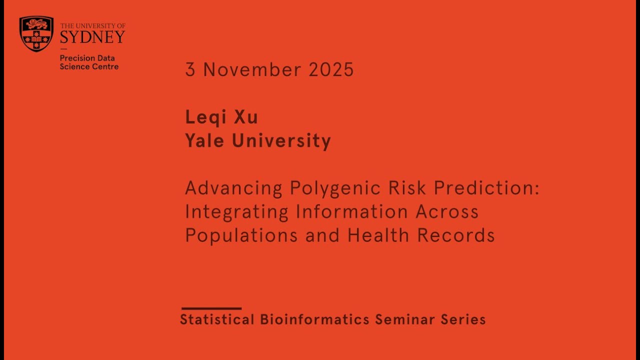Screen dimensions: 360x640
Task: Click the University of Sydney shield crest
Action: [36, 33]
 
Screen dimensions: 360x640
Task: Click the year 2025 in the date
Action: [331, 70]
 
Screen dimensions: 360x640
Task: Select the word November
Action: [252, 70]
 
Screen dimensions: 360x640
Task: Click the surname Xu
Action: [245, 117]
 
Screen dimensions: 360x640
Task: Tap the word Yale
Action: [204, 141]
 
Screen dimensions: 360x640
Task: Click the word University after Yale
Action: [281, 141]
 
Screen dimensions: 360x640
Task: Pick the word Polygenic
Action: [329, 188]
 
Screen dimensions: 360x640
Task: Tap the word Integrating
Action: [236, 212]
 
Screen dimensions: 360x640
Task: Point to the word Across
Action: [447, 212]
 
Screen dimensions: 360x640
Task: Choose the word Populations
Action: [241, 235]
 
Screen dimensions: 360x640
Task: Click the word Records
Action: [456, 235]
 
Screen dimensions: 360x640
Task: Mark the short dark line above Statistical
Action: [211, 308]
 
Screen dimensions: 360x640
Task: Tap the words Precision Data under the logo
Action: [87, 58]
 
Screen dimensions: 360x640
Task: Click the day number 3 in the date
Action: [190, 70]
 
